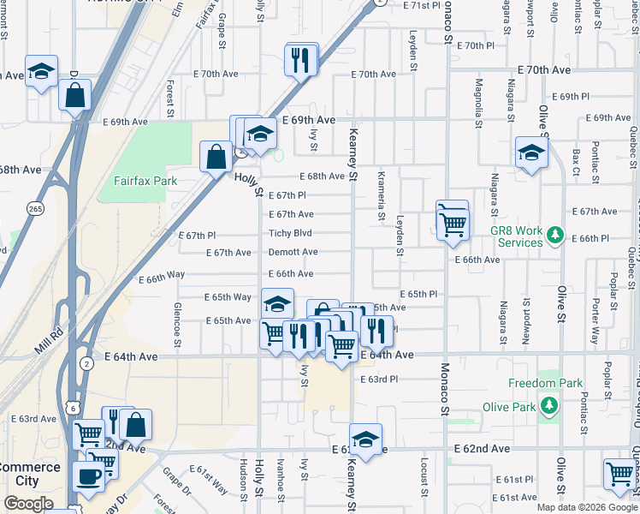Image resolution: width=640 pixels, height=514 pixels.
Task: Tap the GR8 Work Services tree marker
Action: (x=555, y=233)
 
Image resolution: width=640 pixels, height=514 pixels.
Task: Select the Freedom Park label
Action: (x=544, y=383)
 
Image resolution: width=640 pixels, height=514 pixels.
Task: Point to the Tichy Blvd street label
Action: (x=290, y=233)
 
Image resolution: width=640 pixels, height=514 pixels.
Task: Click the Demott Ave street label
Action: (x=293, y=253)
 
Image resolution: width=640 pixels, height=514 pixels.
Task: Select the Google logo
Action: (x=28, y=504)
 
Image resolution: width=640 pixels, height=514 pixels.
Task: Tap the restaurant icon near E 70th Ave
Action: (x=300, y=60)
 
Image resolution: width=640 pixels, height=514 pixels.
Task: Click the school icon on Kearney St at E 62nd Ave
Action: (x=365, y=439)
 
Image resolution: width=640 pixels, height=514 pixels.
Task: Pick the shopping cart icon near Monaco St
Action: (x=453, y=225)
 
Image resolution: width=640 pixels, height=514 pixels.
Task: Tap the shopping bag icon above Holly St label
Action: (x=216, y=157)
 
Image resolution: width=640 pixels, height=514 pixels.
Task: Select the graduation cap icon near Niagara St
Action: (x=531, y=153)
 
